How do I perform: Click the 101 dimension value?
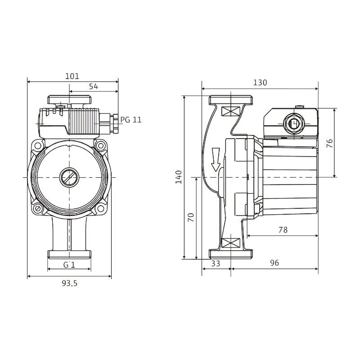click(72, 76)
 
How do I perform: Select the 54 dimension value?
click(94, 86)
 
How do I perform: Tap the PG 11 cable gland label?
click(131, 120)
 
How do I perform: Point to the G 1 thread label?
click(69, 265)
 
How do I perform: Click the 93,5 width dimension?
click(70, 283)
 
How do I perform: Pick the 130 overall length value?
click(260, 82)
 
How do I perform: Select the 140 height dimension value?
click(179, 177)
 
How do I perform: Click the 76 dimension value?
click(329, 144)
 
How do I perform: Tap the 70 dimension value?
click(191, 217)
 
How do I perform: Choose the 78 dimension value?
click(283, 230)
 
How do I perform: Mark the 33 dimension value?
click(216, 263)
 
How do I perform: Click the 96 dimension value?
click(274, 263)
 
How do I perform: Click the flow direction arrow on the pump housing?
click(216, 159)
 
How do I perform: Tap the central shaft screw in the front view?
click(69, 177)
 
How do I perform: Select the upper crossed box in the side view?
click(230, 111)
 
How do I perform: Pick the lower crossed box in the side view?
click(230, 243)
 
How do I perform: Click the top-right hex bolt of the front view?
click(100, 145)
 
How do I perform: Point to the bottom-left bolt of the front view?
click(38, 209)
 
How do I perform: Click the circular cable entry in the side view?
click(293, 124)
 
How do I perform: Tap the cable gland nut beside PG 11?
click(115, 124)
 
